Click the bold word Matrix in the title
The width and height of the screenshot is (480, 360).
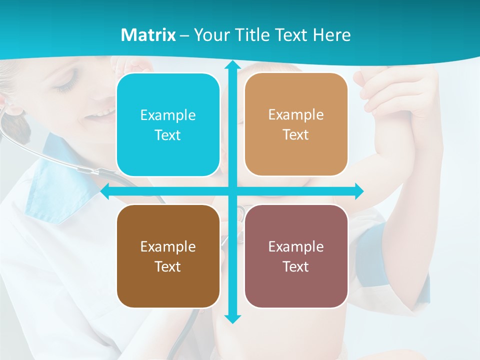pyautogui.click(x=148, y=35)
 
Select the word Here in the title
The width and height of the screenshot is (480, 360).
pyautogui.click(x=332, y=35)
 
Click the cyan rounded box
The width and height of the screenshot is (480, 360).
pyautogui.click(x=168, y=125)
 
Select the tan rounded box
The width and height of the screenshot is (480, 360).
pyautogui.click(x=296, y=124)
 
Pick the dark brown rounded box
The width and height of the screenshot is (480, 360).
pyautogui.click(x=168, y=256)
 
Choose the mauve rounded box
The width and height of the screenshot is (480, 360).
pyautogui.click(x=296, y=256)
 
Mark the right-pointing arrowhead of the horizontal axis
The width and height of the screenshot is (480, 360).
pyautogui.click(x=358, y=191)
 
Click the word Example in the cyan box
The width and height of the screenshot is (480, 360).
pyautogui.click(x=168, y=115)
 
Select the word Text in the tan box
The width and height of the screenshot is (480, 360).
pyautogui.click(x=296, y=135)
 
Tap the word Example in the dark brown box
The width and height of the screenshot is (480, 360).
pyautogui.click(x=168, y=246)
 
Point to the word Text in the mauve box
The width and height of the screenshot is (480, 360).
pyautogui.click(x=296, y=266)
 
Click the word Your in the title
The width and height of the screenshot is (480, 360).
pyautogui.click(x=209, y=35)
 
